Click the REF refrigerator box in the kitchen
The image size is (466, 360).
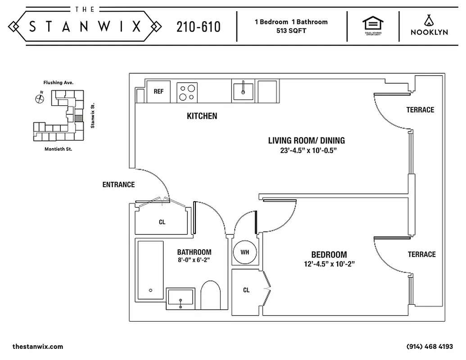tap(158, 91)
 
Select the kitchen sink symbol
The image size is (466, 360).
tap(243, 91)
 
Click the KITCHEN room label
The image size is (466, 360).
tap(202, 116)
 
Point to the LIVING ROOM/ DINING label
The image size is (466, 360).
tap(306, 141)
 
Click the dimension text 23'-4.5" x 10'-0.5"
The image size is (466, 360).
tap(308, 151)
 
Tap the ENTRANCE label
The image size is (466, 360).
tap(118, 184)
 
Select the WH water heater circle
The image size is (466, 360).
tap(244, 252)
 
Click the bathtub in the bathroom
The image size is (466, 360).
tap(150, 270)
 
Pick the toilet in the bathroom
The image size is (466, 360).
tap(210, 295)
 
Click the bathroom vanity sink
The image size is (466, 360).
tap(181, 298)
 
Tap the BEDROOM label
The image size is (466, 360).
tap(329, 254)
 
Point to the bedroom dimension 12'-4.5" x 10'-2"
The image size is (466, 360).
tap(329, 264)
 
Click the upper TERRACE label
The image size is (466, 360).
tap(420, 110)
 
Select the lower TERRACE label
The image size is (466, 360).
tap(421, 255)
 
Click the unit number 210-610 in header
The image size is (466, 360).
tap(198, 27)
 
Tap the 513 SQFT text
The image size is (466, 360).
tap(291, 31)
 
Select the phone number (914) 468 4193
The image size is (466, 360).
tap(429, 346)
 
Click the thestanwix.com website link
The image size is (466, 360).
tap(38, 346)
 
